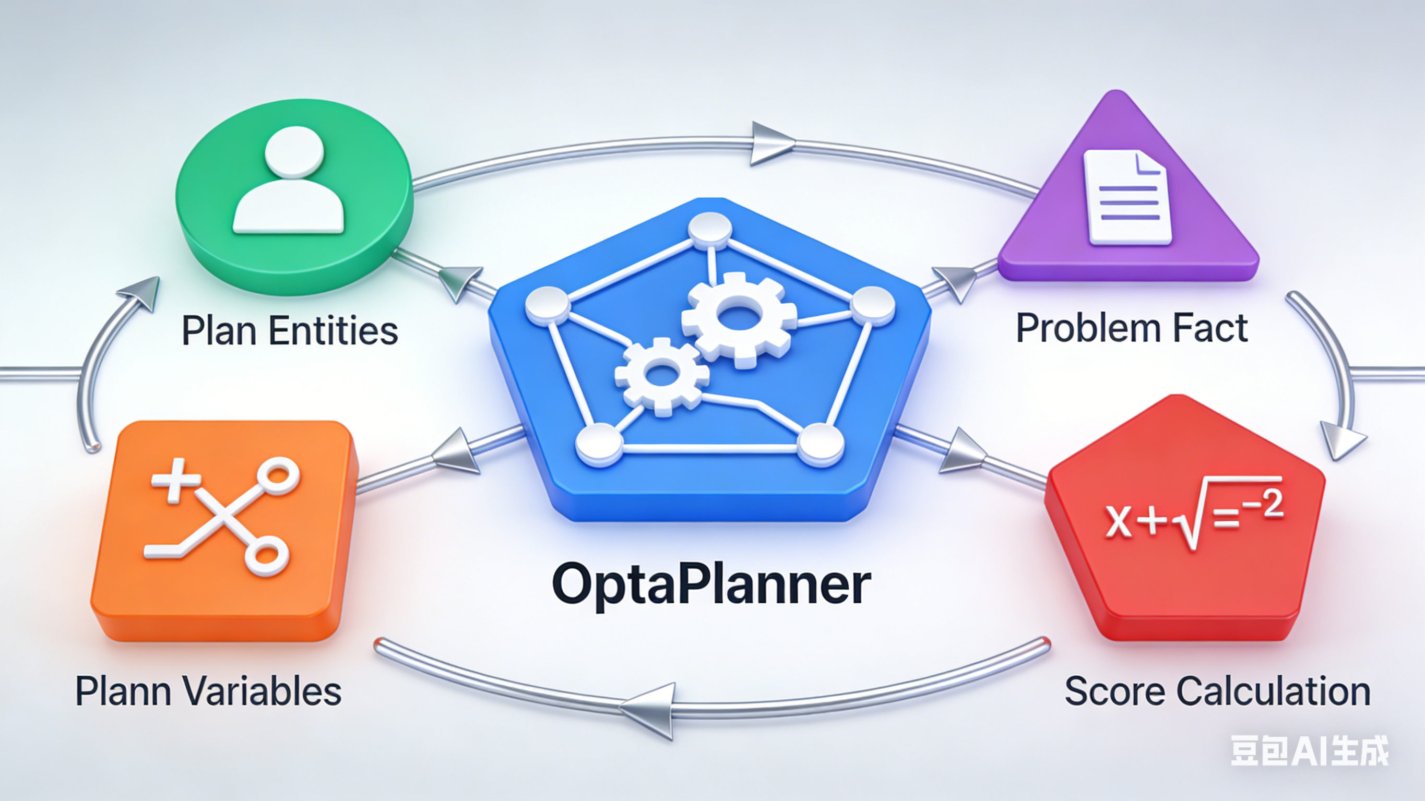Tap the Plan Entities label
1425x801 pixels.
pos(290,331)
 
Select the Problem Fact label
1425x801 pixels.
pos(1132,328)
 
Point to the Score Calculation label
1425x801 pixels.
pos(1217,691)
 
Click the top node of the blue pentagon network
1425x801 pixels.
pos(709,231)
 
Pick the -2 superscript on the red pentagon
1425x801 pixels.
pos(1267,505)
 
